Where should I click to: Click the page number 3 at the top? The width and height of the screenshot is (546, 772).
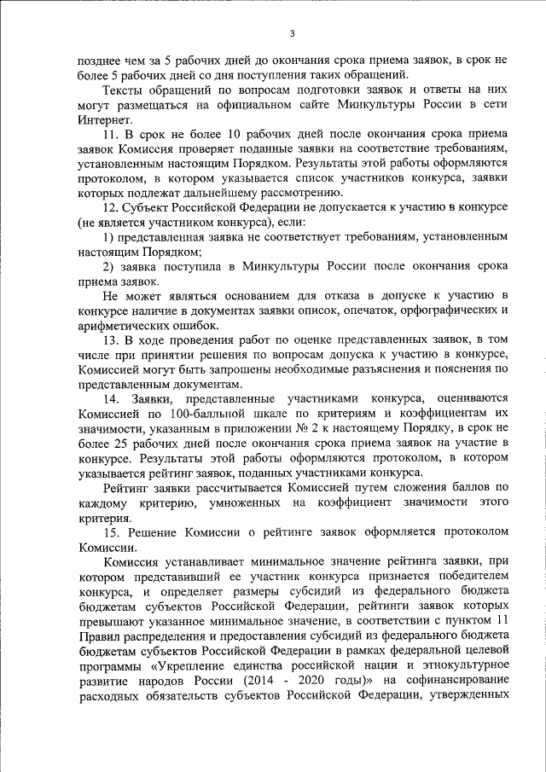click(292, 33)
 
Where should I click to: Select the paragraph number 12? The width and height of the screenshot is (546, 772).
click(110, 208)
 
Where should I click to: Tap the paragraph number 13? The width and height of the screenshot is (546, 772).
click(110, 340)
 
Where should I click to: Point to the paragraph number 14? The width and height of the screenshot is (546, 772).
click(111, 398)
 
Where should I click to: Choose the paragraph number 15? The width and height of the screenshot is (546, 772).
click(110, 531)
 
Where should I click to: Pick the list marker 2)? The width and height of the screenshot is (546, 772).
click(107, 267)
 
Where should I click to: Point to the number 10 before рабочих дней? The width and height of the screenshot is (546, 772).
click(229, 136)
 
